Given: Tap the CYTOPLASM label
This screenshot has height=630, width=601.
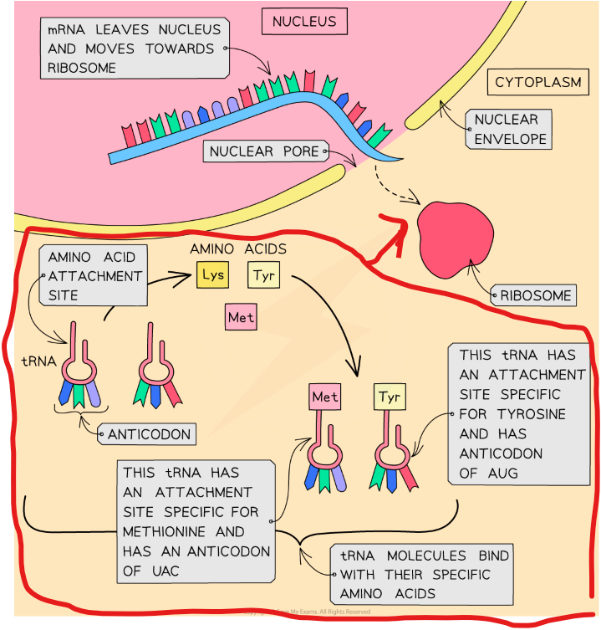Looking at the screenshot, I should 537,82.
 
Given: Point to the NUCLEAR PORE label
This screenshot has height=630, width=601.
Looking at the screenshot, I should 264,151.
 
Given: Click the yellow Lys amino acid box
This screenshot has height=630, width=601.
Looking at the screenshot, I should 212,275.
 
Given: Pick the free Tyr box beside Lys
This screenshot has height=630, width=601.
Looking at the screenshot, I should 262,275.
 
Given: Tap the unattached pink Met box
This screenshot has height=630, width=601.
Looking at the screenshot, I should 241,318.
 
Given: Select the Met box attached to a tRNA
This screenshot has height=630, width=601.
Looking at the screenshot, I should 324,397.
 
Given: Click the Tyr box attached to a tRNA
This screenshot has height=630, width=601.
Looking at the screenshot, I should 389,397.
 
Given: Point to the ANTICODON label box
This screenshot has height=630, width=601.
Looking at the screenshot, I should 150,434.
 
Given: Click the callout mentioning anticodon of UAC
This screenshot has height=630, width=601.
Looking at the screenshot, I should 196,521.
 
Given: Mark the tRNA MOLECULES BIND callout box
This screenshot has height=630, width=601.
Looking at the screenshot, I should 425,575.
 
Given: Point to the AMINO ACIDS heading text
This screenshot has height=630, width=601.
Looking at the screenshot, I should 238,248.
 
